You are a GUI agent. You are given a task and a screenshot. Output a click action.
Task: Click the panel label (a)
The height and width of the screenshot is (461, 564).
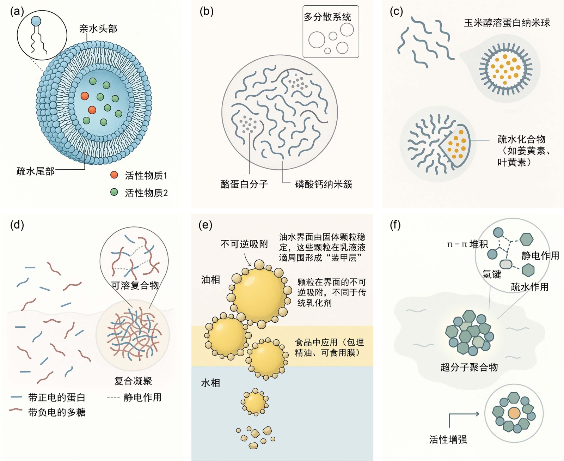pos(17,12)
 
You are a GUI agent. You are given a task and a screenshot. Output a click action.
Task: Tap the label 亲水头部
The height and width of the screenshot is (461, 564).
pos(98,29)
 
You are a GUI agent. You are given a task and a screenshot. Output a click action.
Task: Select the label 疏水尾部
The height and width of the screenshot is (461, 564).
pos(36,171)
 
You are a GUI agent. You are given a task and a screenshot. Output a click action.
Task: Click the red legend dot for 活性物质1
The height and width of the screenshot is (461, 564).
pos(114,175)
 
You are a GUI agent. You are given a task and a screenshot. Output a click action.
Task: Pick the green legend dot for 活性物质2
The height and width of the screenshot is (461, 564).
pos(114,192)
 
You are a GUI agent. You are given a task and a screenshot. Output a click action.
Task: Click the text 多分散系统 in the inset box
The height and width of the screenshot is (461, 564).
pos(327,17)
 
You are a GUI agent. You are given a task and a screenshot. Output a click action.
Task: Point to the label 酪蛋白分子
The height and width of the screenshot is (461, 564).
pos(244,184)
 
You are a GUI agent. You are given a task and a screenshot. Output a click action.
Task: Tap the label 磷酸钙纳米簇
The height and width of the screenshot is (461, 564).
pos(324,184)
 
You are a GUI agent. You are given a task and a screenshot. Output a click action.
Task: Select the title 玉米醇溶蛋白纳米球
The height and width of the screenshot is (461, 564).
pos(507,23)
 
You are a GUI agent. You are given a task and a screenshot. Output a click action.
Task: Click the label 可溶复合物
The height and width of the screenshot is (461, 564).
pos(135,285)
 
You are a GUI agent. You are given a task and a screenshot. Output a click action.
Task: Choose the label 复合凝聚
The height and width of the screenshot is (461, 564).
pos(133,381)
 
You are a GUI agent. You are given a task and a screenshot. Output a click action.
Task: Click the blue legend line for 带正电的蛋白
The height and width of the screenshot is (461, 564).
pos(17,397)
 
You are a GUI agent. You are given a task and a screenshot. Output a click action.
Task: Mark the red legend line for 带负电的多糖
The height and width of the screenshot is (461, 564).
pos(16,410)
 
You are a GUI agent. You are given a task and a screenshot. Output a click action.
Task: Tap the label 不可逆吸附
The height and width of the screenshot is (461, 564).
pos(244,244)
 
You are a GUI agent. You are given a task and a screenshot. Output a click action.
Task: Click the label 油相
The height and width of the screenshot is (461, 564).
pos(210,280)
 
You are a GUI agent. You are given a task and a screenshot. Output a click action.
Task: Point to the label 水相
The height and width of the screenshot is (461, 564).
pos(210,383)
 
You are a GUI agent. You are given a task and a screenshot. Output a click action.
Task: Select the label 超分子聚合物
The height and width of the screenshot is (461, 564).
pos(469,367)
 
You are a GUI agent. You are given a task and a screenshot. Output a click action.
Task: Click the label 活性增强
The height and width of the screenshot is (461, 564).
pos(448,439)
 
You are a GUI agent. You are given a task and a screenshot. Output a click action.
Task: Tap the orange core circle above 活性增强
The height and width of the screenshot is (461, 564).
pos(514,413)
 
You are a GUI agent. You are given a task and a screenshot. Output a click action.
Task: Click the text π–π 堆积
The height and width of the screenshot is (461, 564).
pos(467,244)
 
